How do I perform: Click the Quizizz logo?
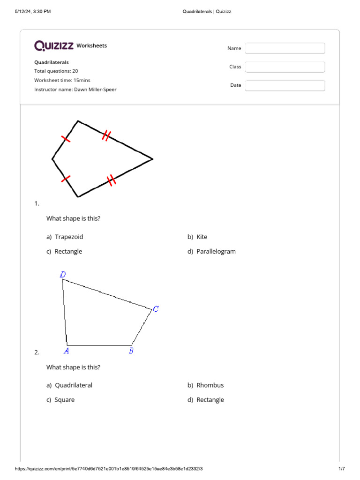[x=54, y=45]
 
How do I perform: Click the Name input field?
[x=285, y=48]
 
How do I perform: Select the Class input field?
[x=285, y=67]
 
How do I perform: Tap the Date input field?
[x=285, y=85]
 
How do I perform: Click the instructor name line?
[x=75, y=89]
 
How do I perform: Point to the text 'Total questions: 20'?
[x=56, y=71]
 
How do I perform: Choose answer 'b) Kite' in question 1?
[x=197, y=237]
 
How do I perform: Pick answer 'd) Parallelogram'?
[x=211, y=252]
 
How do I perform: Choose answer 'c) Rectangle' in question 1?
[x=64, y=252]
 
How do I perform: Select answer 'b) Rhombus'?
[x=206, y=385]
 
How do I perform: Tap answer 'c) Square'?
[x=60, y=400]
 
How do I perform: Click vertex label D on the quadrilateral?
[x=63, y=275]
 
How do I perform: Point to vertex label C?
[x=156, y=308]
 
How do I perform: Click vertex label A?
[x=67, y=351]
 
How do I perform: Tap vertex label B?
[x=131, y=351]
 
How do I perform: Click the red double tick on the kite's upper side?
[x=106, y=136]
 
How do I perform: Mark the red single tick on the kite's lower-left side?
[x=66, y=179]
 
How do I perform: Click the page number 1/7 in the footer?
[x=341, y=469]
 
